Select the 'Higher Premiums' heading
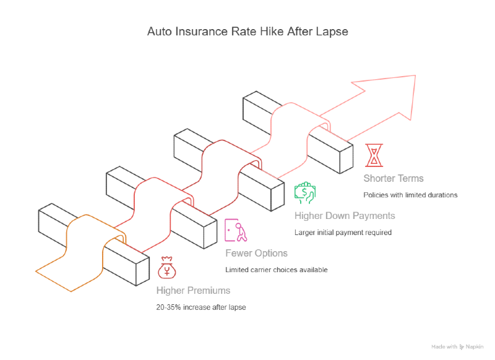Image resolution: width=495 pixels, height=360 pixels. click(193, 290)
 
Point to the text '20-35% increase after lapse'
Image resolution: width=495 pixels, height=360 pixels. click(201, 307)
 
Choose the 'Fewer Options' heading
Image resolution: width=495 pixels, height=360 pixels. click(256, 253)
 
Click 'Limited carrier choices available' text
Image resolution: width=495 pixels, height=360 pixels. click(275, 270)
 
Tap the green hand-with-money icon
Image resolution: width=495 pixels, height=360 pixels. click(304, 193)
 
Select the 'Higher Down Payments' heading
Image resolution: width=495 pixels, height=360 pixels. click(344, 216)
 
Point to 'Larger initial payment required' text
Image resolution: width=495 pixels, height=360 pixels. click(343, 233)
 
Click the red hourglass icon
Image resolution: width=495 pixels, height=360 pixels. click(374, 155)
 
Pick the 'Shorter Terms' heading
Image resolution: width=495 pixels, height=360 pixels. click(394, 178)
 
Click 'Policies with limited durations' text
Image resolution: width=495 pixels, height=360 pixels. click(410, 195)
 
